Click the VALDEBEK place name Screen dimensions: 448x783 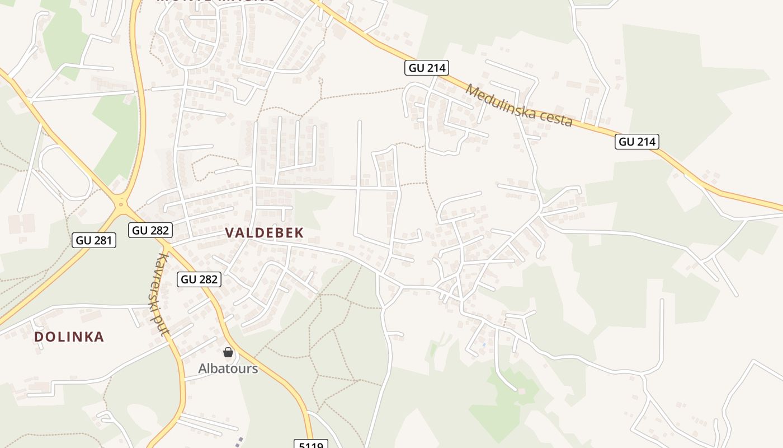click(x=264, y=233)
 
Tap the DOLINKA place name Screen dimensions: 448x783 click(x=69, y=337)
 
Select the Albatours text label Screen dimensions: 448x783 click(x=228, y=368)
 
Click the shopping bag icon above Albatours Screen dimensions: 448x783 click(x=228, y=352)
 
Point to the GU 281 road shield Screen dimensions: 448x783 click(x=95, y=241)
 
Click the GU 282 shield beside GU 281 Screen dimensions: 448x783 click(x=149, y=230)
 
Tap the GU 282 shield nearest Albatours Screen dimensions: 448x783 click(x=199, y=279)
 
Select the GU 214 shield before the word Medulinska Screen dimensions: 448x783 click(x=427, y=68)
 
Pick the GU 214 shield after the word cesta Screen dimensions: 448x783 click(x=637, y=142)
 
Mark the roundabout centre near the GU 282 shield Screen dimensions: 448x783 click(x=120, y=203)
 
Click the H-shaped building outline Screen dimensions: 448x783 click(x=21, y=224)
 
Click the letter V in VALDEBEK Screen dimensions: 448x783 click(x=229, y=233)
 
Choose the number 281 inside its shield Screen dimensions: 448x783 click(x=102, y=241)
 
